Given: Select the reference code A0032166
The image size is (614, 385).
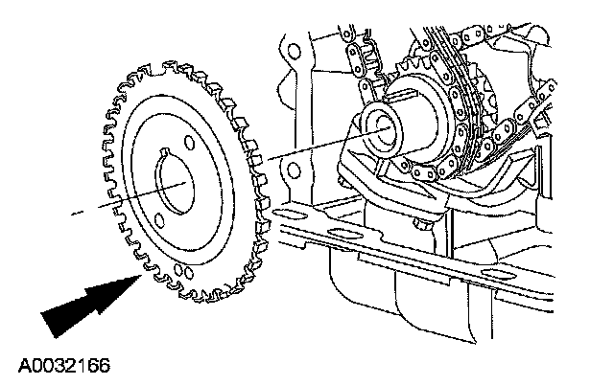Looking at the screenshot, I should click(x=59, y=365).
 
